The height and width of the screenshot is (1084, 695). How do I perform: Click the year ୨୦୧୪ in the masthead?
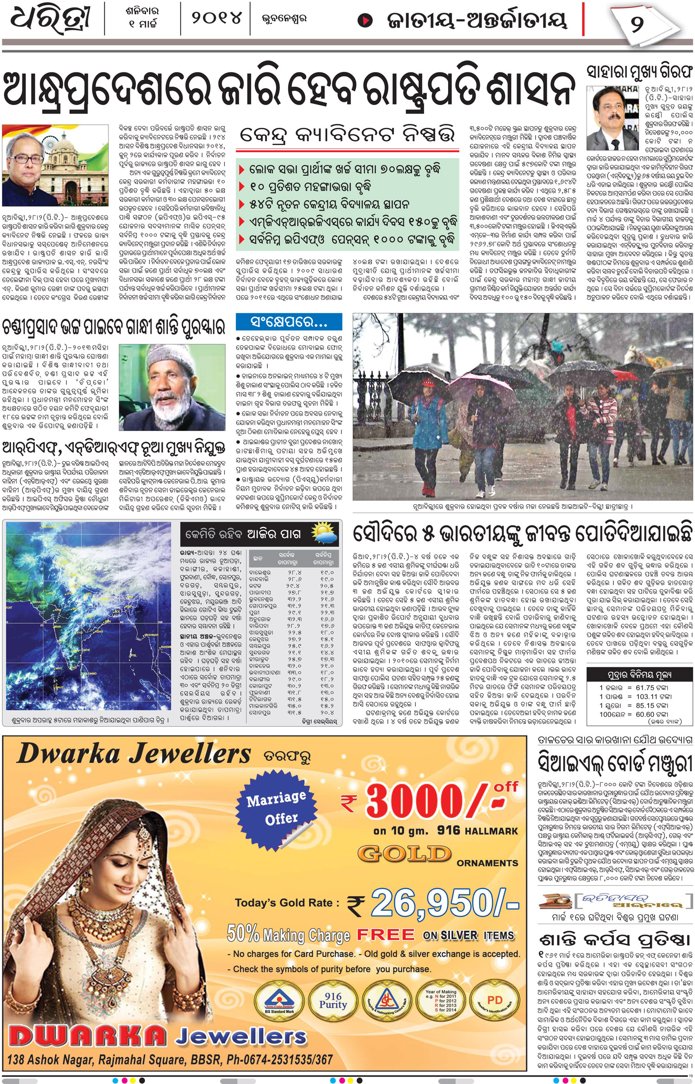pyautogui.click(x=216, y=19)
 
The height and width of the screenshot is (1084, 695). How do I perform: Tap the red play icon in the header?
pyautogui.click(x=366, y=20)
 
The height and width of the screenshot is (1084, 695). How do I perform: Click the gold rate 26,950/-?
pyautogui.click(x=444, y=903)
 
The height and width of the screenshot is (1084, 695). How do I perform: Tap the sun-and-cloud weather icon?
pyautogui.click(x=324, y=533)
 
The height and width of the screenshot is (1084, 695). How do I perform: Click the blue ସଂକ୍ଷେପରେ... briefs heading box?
pyautogui.click(x=289, y=322)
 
